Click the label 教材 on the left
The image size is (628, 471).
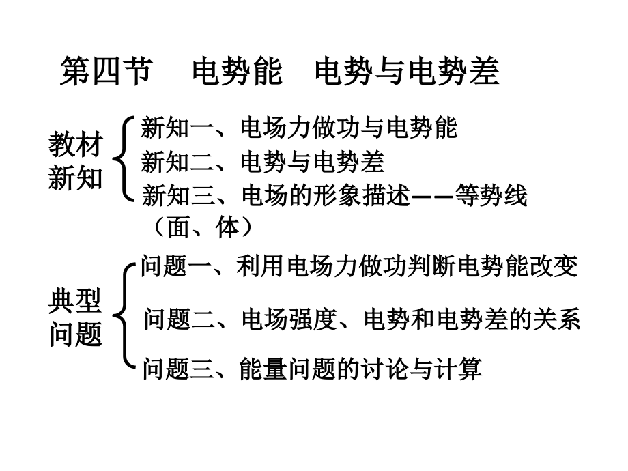pyautogui.click(x=76, y=145)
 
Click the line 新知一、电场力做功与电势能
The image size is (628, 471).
pyautogui.click(x=299, y=128)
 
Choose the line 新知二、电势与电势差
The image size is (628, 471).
pyautogui.click(x=263, y=162)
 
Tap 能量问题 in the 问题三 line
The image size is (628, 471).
pyautogui.click(x=287, y=369)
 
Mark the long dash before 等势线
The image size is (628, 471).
pyautogui.click(x=433, y=197)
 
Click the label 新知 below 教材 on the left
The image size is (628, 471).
pyautogui.click(x=76, y=180)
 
